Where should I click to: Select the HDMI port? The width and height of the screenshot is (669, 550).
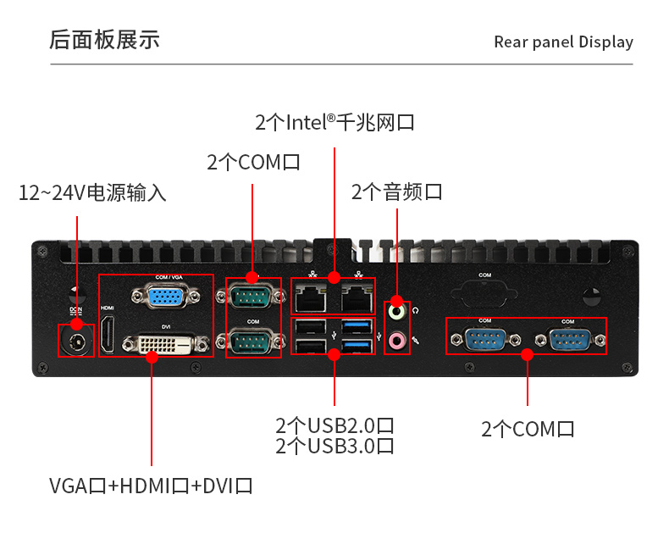[x=108, y=334]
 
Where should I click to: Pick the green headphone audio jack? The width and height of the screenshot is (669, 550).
[x=396, y=311]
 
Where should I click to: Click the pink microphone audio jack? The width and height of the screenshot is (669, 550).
[x=396, y=341]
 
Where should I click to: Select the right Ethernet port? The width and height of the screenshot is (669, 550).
[x=356, y=297]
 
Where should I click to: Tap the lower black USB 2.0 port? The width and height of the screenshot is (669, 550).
[x=312, y=346]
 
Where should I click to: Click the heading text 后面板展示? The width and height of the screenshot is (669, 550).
[x=104, y=40]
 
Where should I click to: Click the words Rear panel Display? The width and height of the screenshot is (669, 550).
[x=563, y=42]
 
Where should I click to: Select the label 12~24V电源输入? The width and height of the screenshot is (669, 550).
[x=92, y=192]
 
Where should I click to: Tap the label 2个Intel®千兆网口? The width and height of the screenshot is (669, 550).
[x=334, y=122]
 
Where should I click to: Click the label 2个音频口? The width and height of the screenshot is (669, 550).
[x=396, y=192]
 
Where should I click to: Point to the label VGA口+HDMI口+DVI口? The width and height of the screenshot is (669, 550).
[x=151, y=486]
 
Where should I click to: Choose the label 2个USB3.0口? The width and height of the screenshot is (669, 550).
[x=334, y=447]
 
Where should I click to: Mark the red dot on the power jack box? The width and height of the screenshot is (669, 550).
[x=77, y=325]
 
